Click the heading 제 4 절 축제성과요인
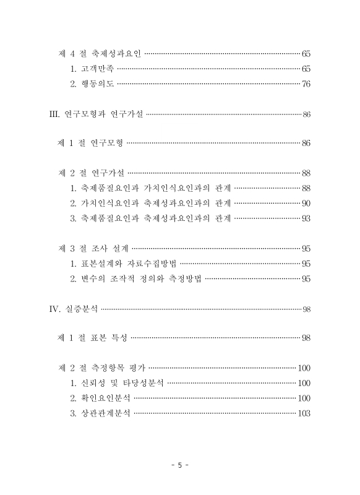(x=100, y=54)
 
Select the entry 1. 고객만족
(x=93, y=69)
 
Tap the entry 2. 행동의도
(x=93, y=84)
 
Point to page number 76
(x=306, y=84)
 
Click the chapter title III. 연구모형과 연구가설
(x=95, y=114)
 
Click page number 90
(x=306, y=203)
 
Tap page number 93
(x=306, y=218)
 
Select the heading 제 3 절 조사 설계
(x=93, y=248)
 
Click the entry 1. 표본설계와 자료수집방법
(x=124, y=263)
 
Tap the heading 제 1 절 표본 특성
(x=93, y=338)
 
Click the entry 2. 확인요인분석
(x=100, y=398)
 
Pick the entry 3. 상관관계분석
(x=100, y=413)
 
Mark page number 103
(x=304, y=413)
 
